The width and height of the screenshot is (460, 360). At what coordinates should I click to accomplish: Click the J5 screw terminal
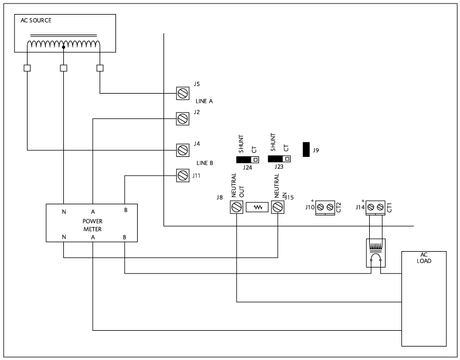pyautogui.click(x=182, y=94)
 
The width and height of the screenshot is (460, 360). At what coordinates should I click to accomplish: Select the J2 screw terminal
pyautogui.click(x=182, y=119)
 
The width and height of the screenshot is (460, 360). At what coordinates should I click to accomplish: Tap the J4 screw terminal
pyautogui.click(x=182, y=150)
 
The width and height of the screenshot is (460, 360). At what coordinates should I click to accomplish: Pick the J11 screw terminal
pyautogui.click(x=182, y=176)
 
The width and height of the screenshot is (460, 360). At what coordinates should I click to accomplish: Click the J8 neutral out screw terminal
pyautogui.click(x=237, y=207)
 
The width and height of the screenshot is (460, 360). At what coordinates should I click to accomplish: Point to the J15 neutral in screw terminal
pyautogui.click(x=278, y=207)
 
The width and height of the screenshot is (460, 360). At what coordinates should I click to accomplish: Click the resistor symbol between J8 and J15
pyautogui.click(x=257, y=207)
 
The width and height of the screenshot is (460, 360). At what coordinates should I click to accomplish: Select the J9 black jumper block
pyautogui.click(x=306, y=149)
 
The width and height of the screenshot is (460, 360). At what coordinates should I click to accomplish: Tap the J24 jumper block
pyautogui.click(x=247, y=160)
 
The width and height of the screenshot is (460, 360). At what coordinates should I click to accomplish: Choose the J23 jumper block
pyautogui.click(x=279, y=159)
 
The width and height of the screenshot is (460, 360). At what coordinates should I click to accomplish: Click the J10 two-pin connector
pyautogui.click(x=325, y=208)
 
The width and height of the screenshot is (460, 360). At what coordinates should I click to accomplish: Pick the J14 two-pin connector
pyautogui.click(x=376, y=208)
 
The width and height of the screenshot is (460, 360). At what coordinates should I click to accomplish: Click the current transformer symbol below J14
pyautogui.click(x=376, y=253)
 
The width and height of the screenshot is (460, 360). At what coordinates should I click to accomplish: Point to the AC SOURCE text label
pyautogui.click(x=36, y=20)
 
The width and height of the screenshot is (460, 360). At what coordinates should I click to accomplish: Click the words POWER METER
pyautogui.click(x=93, y=225)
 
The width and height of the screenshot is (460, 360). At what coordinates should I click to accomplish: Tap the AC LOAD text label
pyautogui.click(x=424, y=258)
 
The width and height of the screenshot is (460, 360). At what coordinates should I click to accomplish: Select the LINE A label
pyautogui.click(x=204, y=101)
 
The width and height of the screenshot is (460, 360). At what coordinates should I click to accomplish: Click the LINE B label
pyautogui.click(x=205, y=163)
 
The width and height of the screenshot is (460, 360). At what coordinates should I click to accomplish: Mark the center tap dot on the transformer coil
pyautogui.click(x=63, y=47)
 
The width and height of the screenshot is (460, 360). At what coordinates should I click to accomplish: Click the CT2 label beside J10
pyautogui.click(x=339, y=208)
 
